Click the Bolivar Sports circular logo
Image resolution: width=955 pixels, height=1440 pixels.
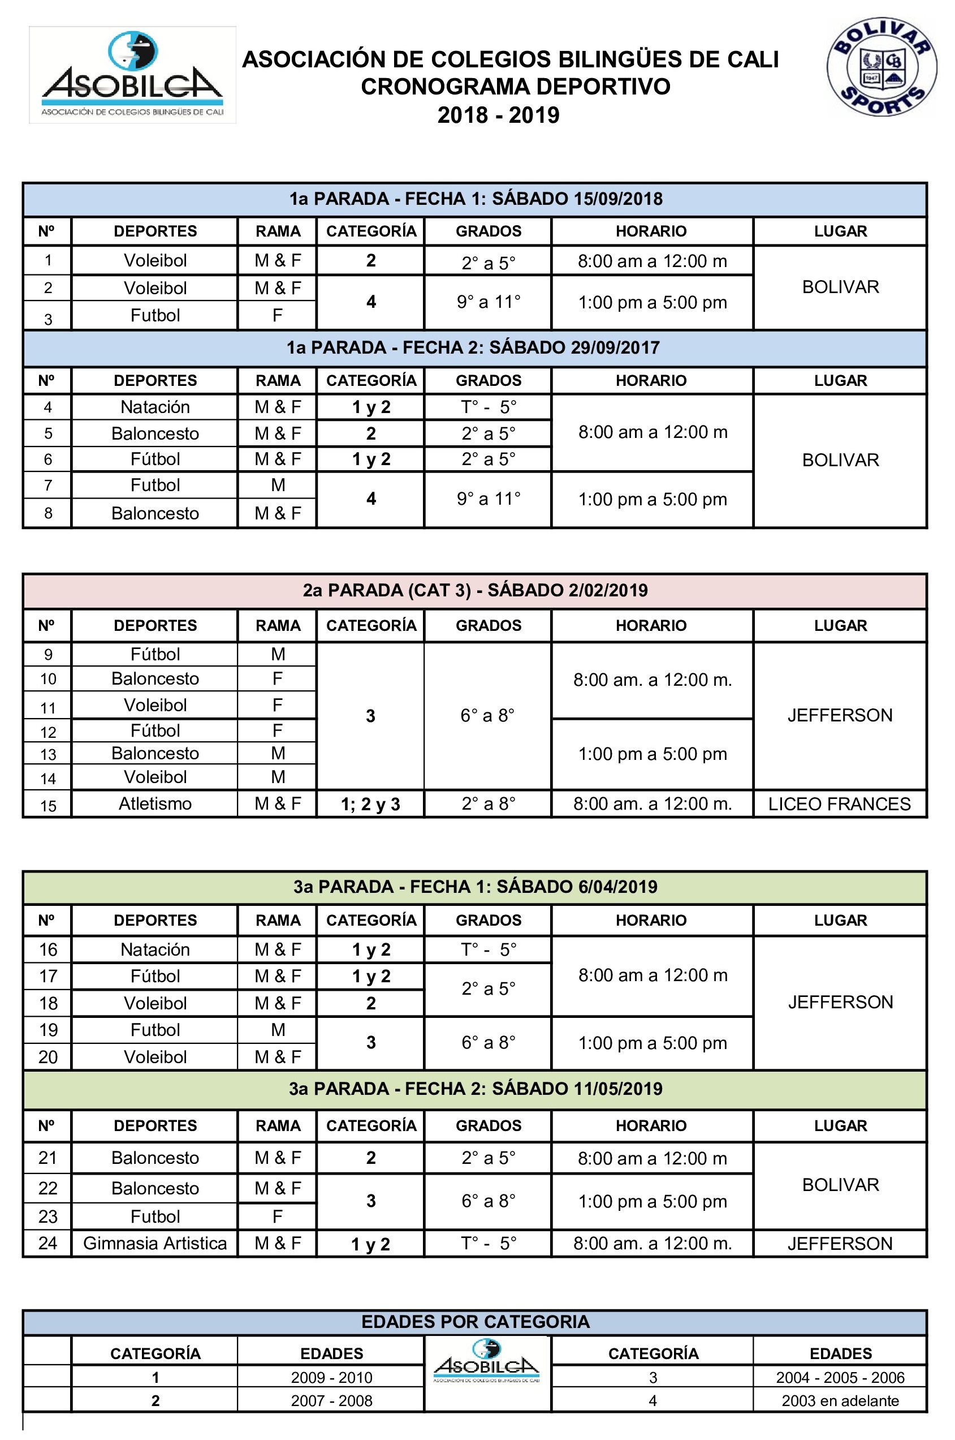tap(881, 67)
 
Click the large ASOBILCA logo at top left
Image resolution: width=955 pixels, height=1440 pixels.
tap(132, 75)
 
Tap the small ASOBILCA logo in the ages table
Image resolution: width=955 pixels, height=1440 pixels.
tap(487, 1360)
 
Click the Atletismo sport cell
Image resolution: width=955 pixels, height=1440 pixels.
tap(155, 804)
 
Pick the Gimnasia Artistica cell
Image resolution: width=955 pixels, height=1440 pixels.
tap(155, 1243)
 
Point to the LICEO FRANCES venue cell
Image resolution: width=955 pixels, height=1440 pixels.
tap(839, 804)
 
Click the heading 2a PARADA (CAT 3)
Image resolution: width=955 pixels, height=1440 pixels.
tap(475, 590)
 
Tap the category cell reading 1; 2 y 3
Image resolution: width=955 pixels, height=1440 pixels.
tap(370, 805)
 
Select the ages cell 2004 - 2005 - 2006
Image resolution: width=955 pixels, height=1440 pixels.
tap(840, 1377)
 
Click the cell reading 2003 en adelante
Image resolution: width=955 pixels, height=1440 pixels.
tap(840, 1400)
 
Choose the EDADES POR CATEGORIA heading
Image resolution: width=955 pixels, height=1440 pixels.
tap(475, 1322)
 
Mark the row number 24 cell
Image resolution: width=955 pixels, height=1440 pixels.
tap(47, 1243)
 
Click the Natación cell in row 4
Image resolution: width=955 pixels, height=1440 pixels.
tap(155, 406)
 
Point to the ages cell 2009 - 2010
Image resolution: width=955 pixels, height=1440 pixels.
tap(331, 1377)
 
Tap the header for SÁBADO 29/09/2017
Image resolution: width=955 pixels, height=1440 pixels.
tap(473, 347)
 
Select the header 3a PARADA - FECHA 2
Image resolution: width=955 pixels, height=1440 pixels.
tap(475, 1089)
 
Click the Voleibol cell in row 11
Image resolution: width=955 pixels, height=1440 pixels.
tap(155, 705)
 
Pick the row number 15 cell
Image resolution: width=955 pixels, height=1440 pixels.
tap(47, 806)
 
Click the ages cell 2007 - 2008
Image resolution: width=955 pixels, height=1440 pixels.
tap(331, 1400)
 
